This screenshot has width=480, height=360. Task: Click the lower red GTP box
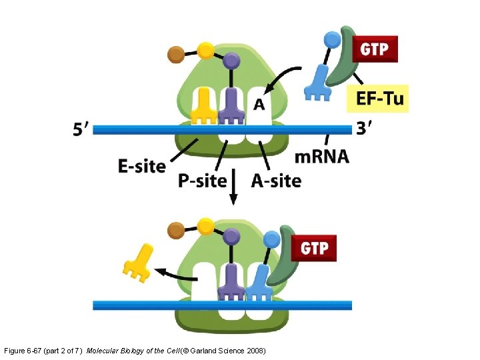315,249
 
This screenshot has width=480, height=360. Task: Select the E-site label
141,165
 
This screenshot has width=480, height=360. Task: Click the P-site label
202,181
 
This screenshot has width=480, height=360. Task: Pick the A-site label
276,181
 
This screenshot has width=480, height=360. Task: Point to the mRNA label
321,157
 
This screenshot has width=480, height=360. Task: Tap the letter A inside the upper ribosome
259,104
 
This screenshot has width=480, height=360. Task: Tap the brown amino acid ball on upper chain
176,53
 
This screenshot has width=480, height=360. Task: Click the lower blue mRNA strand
222,305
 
